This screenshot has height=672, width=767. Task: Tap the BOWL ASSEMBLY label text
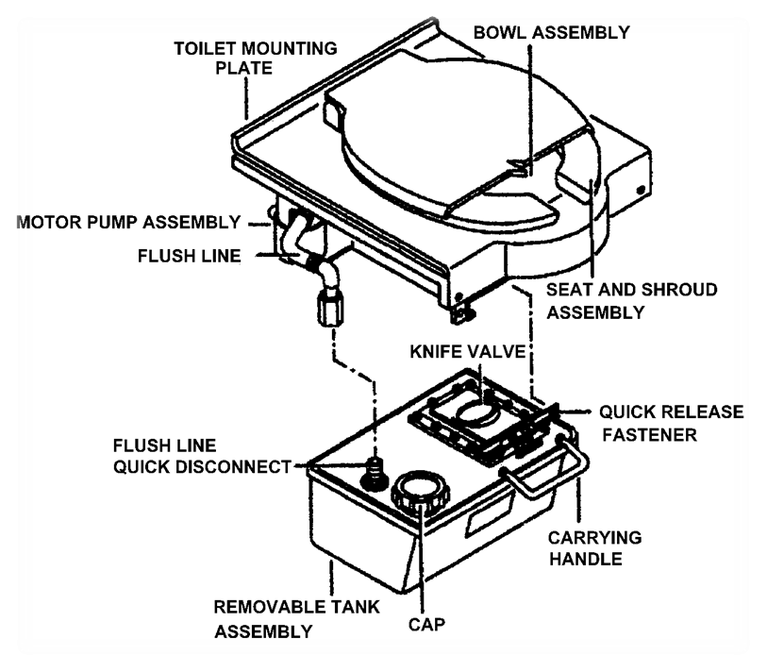[x=550, y=32]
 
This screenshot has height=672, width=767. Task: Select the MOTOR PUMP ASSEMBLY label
[x=128, y=223]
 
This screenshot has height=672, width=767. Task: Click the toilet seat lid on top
[x=443, y=142]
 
